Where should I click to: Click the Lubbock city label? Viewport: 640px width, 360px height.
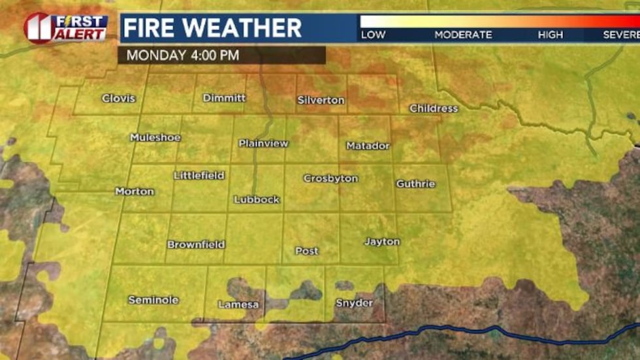pos(257,199)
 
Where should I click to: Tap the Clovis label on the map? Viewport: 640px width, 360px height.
pos(119,98)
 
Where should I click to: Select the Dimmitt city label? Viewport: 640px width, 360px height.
pos(224,97)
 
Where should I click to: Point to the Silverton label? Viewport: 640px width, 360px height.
pos(321,100)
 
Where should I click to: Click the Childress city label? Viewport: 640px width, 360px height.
pos(434,108)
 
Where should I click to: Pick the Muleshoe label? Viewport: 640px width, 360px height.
pos(155,137)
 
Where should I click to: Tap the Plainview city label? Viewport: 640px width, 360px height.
pos(263,143)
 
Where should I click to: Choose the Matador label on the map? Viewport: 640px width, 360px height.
pos(368,146)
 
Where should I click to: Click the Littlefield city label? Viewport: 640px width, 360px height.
pos(199,175)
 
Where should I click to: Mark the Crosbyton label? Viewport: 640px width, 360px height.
pos(330,178)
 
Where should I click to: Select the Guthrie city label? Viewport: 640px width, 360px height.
pos(415,184)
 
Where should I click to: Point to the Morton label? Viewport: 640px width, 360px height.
pos(135,191)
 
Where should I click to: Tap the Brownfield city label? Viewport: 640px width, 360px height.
pos(196,244)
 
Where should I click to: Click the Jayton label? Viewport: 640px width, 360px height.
pos(382,242)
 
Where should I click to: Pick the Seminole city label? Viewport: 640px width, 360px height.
pos(153,300)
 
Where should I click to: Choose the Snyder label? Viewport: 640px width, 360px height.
pos(355,303)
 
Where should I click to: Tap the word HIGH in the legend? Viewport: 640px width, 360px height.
pos(550,35)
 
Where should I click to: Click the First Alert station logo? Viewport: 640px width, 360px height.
pos(65,28)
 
